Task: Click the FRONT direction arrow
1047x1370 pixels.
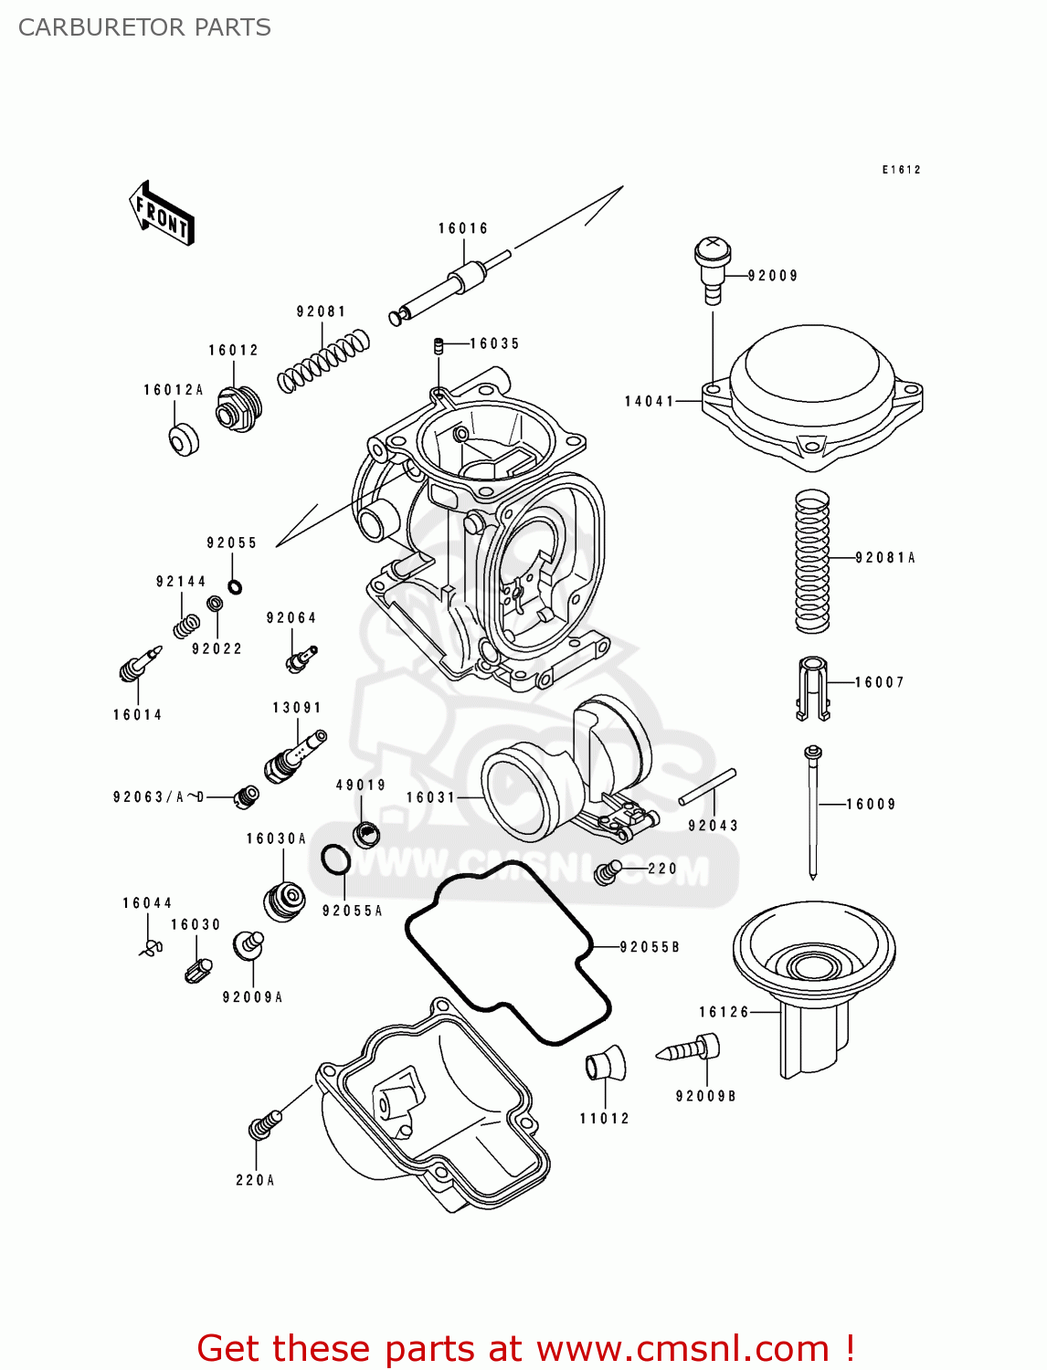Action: [161, 213]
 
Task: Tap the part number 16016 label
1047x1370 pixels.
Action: [463, 228]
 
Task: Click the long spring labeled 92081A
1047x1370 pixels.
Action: [812, 561]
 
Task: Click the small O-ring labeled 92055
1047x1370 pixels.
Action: [235, 586]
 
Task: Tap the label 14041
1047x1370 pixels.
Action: [649, 401]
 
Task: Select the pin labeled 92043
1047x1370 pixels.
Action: [707, 787]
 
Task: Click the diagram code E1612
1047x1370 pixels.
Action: [901, 170]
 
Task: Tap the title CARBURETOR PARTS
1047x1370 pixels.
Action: [144, 27]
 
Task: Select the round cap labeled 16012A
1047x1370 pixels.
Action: [184, 439]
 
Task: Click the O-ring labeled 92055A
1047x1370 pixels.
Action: [335, 859]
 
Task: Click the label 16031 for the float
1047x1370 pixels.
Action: [430, 797]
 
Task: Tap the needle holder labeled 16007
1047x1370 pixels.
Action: [812, 687]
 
